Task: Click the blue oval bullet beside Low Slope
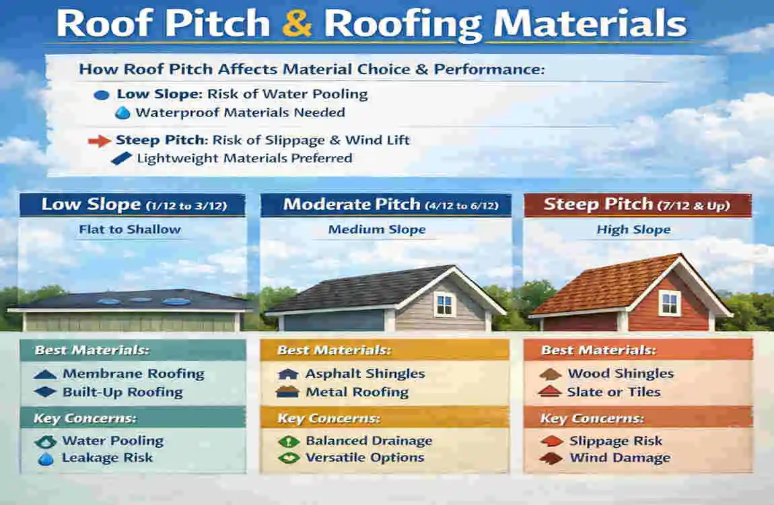click(101, 95)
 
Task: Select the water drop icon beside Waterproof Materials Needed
click(122, 113)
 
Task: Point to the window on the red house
click(669, 303)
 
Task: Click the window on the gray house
click(444, 304)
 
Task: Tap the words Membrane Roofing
click(133, 374)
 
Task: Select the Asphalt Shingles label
click(365, 374)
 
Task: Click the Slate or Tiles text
click(614, 392)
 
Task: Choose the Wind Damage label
click(620, 458)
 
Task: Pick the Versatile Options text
click(365, 458)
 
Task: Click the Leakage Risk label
click(107, 458)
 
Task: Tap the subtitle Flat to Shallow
click(130, 230)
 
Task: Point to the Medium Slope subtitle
click(377, 230)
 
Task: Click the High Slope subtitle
click(634, 230)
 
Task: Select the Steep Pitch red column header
click(638, 205)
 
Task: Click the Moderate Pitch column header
click(386, 205)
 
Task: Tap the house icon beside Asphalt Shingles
click(288, 374)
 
